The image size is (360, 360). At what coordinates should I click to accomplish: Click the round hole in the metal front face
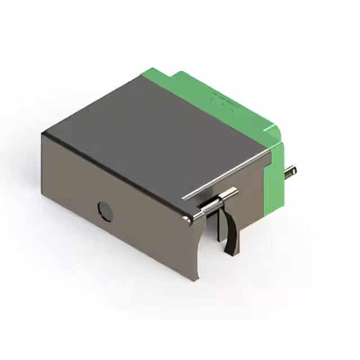[105, 211]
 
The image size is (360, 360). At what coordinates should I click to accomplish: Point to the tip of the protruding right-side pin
[295, 171]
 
